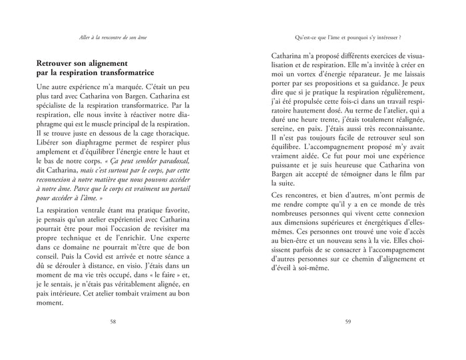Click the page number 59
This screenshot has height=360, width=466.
(x=348, y=321)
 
